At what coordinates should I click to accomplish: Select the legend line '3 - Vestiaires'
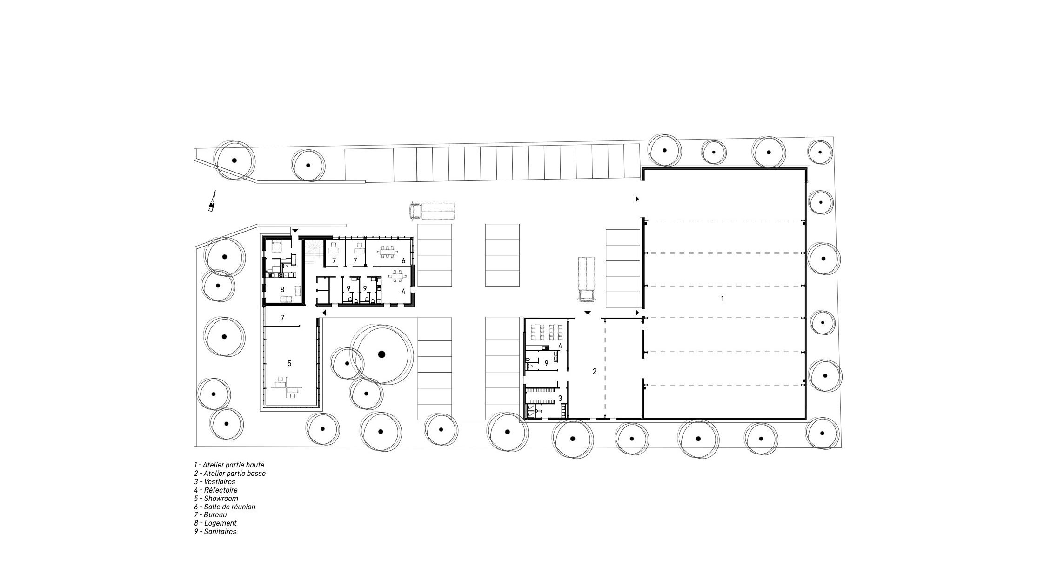(214, 481)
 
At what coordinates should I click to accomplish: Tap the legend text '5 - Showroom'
(216, 498)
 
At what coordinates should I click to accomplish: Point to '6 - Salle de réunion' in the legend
(225, 507)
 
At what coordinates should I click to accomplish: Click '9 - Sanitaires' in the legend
(215, 532)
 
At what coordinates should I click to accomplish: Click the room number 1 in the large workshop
(722, 299)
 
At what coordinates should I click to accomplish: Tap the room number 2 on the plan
(594, 371)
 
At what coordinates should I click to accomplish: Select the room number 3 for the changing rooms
(560, 398)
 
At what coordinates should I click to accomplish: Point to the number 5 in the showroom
(289, 363)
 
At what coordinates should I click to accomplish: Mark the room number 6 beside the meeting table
(403, 260)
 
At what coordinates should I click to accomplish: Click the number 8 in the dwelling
(282, 289)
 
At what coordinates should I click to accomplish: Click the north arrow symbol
(212, 201)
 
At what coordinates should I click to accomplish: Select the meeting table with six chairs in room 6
(387, 252)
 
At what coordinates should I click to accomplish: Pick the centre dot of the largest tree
(381, 354)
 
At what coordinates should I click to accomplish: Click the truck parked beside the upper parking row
(431, 211)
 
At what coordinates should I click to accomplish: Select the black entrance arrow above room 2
(587, 313)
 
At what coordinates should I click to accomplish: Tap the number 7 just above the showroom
(282, 318)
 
